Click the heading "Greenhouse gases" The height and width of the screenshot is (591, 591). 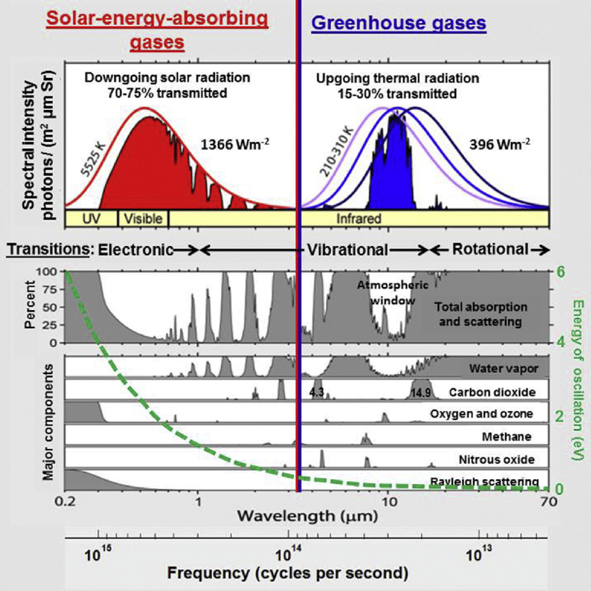coord(398,23)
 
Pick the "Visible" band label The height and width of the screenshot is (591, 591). coord(143,218)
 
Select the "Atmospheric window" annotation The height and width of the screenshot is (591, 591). coord(387,293)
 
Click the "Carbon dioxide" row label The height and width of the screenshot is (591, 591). coord(492,392)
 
